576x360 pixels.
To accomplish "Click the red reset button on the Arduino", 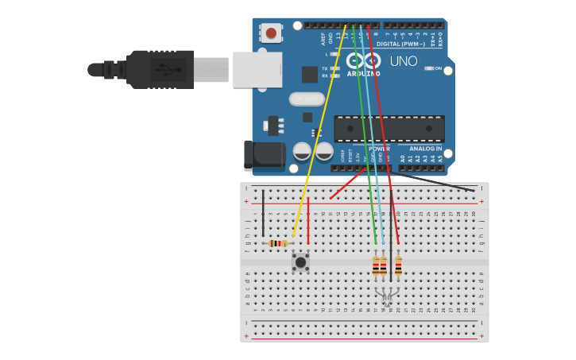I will (271, 33).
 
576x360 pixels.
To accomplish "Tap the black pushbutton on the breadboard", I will (300, 261).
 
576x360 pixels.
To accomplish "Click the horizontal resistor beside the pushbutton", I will (278, 243).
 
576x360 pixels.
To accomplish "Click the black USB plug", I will (159, 69).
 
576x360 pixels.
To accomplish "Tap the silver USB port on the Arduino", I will (257, 69).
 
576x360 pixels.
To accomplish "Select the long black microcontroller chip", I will (389, 129).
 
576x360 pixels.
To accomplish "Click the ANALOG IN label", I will (425, 149).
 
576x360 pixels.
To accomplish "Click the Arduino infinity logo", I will (363, 61).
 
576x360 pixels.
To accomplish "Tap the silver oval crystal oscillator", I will (307, 99).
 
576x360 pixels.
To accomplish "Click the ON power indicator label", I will (438, 68).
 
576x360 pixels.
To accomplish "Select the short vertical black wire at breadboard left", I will (263, 212).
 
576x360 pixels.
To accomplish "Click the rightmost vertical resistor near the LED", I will (398, 265).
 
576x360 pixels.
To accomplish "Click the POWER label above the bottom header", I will (379, 149).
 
